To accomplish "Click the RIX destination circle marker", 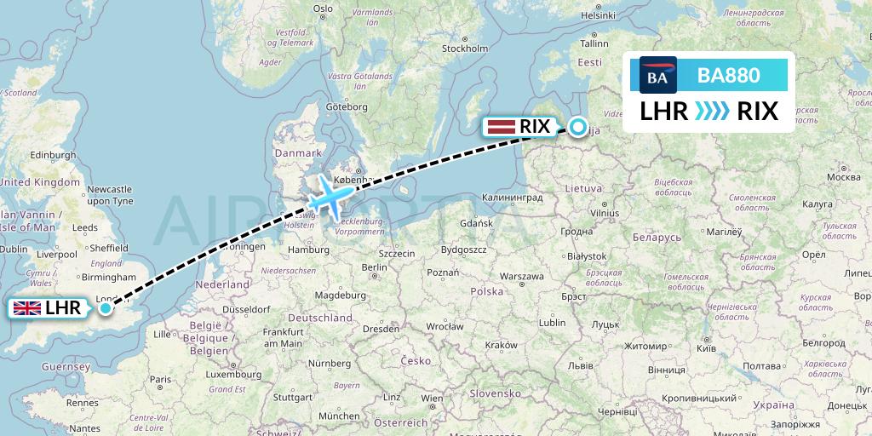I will [578, 127].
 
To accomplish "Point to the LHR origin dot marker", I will [106, 307].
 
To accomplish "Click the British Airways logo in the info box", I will [658, 76].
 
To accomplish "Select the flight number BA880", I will [728, 76].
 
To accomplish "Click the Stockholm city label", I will [464, 49].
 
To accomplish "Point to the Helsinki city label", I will [598, 15].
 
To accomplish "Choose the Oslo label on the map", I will [323, 9].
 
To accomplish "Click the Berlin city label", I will [375, 267].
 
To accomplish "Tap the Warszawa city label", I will [521, 276].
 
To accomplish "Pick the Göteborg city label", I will [347, 106].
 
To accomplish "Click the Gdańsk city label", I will [475, 223].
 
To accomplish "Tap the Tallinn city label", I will [595, 43].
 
